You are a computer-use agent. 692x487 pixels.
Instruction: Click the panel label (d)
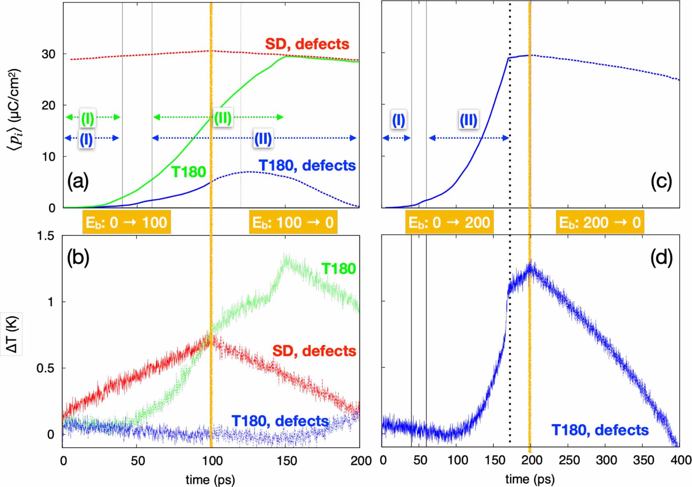coord(661,257)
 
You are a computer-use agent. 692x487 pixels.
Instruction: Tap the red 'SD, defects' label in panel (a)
coord(307,44)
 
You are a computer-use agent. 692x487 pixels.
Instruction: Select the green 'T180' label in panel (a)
coord(189,172)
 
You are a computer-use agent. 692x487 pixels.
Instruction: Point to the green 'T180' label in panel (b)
coord(339,269)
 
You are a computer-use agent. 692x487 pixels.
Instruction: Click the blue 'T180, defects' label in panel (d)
coord(600,430)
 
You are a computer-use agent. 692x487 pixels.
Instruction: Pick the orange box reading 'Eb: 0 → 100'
coord(126,222)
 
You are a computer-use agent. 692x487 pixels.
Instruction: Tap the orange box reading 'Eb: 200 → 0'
coord(600,222)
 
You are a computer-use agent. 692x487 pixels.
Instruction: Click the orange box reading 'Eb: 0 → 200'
coord(449,222)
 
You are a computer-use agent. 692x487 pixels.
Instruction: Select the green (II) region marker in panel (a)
coord(222,118)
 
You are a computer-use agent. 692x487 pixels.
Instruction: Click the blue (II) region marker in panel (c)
coord(468,120)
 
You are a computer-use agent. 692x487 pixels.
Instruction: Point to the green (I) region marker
coord(88,118)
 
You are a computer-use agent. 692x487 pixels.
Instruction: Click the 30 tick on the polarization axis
coord(48,54)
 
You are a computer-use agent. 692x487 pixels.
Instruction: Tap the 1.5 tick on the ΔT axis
coord(45,236)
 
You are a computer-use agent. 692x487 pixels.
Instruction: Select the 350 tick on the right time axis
coord(643,460)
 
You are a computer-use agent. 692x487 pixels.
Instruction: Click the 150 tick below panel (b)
coord(286,461)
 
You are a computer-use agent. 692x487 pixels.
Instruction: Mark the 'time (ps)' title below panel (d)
coord(530,479)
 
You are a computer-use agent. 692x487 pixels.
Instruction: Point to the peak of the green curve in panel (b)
coord(286,257)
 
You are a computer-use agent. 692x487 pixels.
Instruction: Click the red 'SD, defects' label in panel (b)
coord(314,351)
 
